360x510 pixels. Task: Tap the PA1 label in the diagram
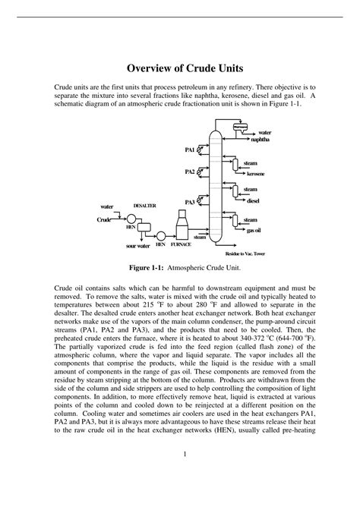pyautogui.click(x=190, y=150)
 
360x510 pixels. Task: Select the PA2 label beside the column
pyautogui.click(x=190, y=172)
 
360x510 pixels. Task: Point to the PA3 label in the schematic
pyautogui.click(x=190, y=202)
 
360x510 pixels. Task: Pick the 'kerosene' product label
pyautogui.click(x=256, y=174)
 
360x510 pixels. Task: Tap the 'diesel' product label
pyautogui.click(x=254, y=201)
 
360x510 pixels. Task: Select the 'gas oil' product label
pyautogui.click(x=254, y=229)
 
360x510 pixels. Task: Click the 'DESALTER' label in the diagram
pyautogui.click(x=145, y=206)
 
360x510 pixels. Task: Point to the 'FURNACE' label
pyautogui.click(x=181, y=245)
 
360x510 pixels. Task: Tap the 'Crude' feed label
pyautogui.click(x=104, y=219)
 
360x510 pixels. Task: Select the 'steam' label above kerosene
pyautogui.click(x=250, y=162)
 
